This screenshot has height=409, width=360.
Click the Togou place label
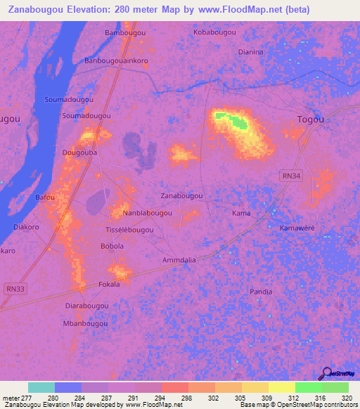tap(311, 119)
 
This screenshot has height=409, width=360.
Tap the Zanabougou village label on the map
tap(182, 195)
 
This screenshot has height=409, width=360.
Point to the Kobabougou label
tap(214, 32)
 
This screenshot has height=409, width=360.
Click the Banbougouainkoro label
tap(116, 60)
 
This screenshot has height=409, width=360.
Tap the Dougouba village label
tap(79, 152)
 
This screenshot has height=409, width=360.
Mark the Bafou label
tap(45, 197)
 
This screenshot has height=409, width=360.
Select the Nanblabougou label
tap(147, 212)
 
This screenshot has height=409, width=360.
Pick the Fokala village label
tap(109, 284)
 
